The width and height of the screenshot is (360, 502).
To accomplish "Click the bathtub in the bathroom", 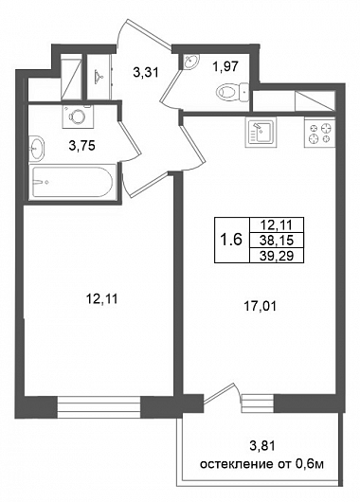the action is point(73,182).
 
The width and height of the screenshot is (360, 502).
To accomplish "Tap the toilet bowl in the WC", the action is point(232,92).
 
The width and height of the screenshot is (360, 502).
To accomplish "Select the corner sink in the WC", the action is point(191,61).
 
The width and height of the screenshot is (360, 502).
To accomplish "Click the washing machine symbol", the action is point(77,117).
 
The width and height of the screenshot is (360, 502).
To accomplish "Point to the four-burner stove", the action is point(319,133).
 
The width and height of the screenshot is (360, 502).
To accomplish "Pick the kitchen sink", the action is point(261,132).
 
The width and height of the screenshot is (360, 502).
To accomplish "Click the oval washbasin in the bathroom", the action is point(37,148).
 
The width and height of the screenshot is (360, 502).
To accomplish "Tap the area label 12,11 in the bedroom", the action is point(102,299).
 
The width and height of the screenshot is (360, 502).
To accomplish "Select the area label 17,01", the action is point(260,306).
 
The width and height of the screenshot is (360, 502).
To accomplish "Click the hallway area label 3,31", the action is point(146,72).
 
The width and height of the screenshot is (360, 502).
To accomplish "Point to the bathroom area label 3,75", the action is point(82,146).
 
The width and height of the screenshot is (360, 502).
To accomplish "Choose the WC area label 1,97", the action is point(225,67).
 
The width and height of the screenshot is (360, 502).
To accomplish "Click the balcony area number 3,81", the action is point(262,445).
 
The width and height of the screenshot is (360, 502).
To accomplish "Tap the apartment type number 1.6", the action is point(232,240).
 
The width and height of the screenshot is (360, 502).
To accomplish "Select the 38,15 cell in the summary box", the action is point(277,240).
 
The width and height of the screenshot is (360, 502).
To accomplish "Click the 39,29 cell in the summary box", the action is point(277,255).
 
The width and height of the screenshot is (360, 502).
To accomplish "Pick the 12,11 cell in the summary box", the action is point(277,225).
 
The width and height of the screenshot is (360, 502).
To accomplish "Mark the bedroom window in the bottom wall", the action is point(99,407).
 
